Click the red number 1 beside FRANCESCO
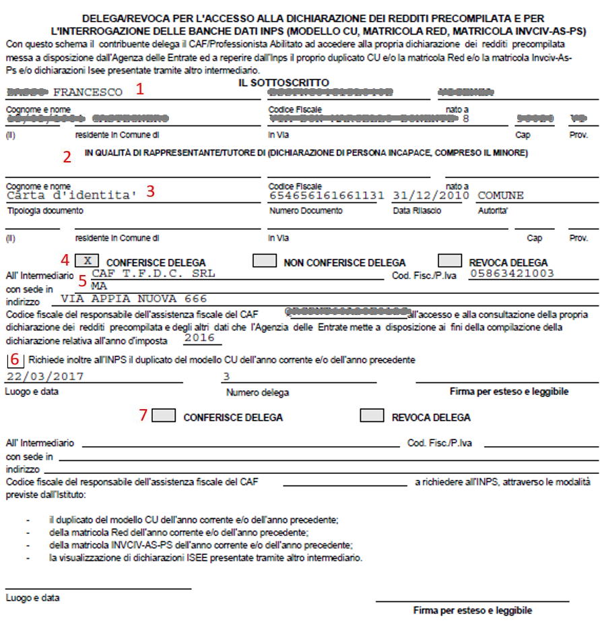[x=140, y=89]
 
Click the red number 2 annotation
[x=67, y=157]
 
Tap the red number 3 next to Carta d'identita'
[x=151, y=191]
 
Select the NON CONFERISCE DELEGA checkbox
[x=265, y=261]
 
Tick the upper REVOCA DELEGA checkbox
[x=449, y=261]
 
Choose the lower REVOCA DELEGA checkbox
[x=372, y=416]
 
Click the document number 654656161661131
[x=327, y=195]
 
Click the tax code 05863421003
[x=512, y=273]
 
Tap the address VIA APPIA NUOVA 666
[x=133, y=299]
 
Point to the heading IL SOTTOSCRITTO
[x=284, y=82]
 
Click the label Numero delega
[x=257, y=392]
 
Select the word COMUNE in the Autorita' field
[x=500, y=195]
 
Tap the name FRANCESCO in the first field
[x=88, y=92]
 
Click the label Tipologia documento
[x=44, y=211]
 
